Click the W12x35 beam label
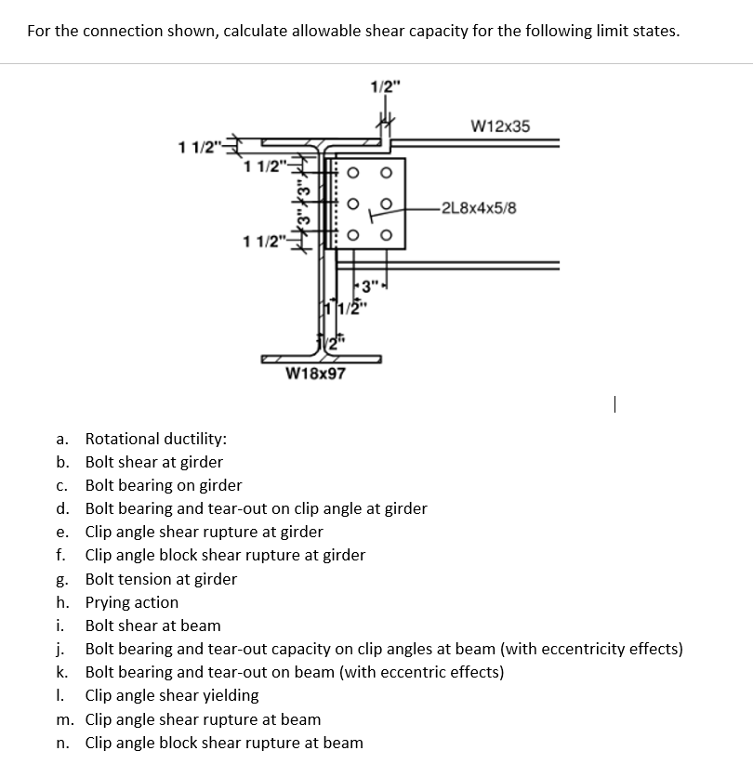500,125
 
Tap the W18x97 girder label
315,374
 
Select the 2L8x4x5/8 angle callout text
480,206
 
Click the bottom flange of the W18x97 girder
321,357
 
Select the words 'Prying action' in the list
131,602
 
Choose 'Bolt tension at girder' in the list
161,579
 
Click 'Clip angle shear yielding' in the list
172,695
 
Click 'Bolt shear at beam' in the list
152,626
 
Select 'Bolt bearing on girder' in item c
164,485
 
